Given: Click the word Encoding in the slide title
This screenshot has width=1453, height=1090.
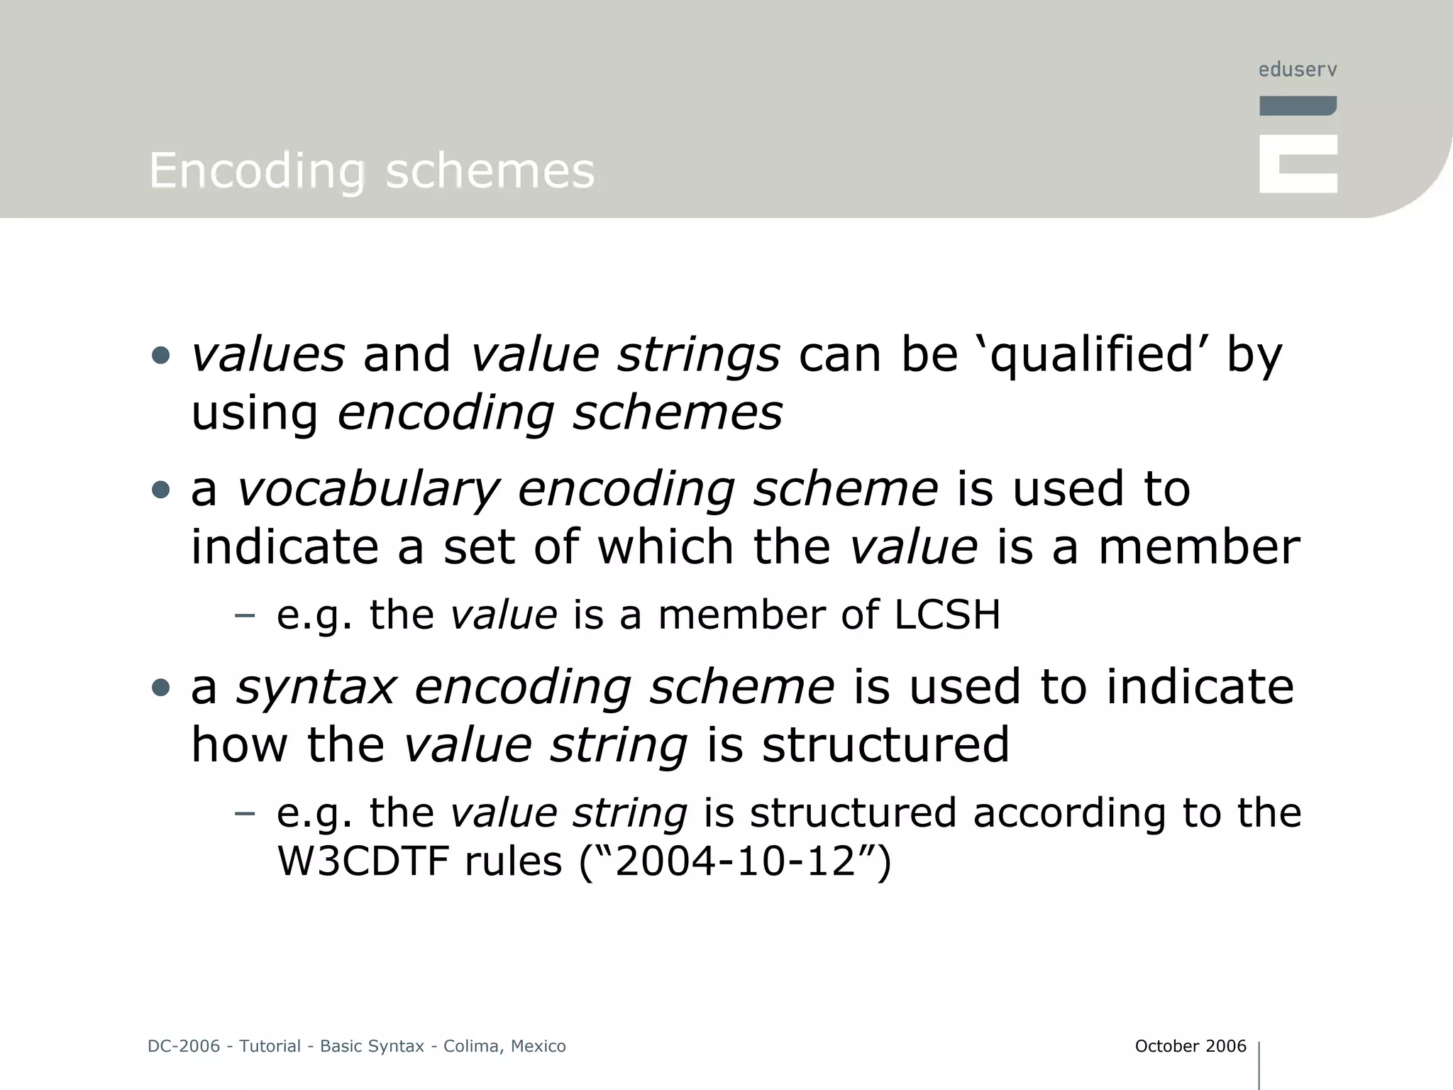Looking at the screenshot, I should point(257,171).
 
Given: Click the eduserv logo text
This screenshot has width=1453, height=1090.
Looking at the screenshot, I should point(1298,70).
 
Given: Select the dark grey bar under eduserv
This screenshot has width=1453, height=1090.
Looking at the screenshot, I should point(1298,106).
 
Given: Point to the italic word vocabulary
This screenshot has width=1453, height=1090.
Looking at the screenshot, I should point(368,490).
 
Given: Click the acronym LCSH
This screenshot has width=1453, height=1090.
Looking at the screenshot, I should point(947,615).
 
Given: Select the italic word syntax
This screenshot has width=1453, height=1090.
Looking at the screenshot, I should point(316,687).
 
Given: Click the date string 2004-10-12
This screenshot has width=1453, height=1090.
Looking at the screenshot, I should point(735,861).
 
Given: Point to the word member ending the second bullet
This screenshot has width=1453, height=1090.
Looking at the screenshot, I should point(1199,547).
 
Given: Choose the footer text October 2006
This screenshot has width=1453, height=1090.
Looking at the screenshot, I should point(1190,1046).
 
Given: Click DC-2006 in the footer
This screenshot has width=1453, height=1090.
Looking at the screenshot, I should point(184,1046).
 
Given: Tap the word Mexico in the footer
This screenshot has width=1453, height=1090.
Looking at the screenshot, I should point(538,1046).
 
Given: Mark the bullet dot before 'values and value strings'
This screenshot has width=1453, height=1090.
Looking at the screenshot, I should point(161,356).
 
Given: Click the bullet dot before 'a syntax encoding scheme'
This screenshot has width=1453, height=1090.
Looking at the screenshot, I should point(161,688).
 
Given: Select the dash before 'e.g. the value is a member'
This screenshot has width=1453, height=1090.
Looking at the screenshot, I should point(244,615).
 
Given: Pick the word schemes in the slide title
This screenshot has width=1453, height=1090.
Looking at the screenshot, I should point(490,171).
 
